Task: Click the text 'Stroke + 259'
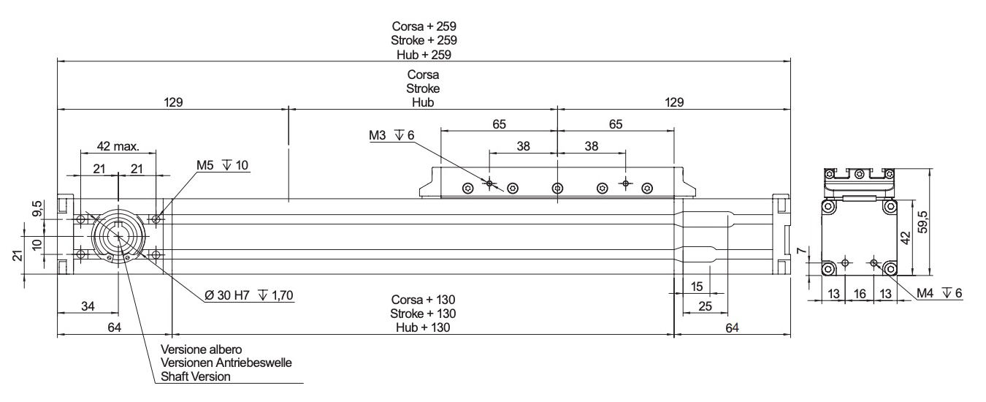(424, 40)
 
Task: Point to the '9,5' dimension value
(37, 209)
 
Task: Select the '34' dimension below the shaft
(88, 306)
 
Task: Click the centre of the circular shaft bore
(118, 236)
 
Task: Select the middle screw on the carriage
(557, 188)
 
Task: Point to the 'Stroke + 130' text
(424, 314)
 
